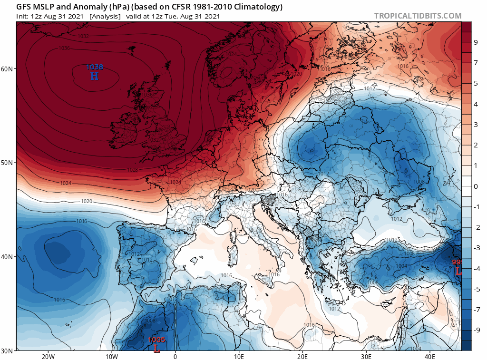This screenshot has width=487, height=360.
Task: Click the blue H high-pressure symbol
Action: pos(94,76)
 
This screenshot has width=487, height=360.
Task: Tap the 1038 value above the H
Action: pos(94,67)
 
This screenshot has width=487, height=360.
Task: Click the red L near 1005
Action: pos(156,348)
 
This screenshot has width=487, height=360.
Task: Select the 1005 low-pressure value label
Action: pos(156,340)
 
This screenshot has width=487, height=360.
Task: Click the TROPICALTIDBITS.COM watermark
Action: pos(418,16)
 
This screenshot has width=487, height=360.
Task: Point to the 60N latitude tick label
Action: pos(7,68)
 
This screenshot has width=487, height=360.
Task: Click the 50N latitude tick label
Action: pos(7,163)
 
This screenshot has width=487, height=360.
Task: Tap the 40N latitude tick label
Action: pos(7,257)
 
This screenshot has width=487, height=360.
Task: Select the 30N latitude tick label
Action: pos(7,350)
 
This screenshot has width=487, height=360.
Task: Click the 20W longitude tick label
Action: pos(48,357)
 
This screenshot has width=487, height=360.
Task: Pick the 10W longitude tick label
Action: pos(111,357)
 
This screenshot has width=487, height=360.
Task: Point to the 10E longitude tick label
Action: pos(239,357)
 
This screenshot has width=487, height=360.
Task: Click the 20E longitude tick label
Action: pos(302,357)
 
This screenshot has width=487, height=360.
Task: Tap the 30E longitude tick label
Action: pos(366,357)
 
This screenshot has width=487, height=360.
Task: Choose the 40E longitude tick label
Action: pos(430,357)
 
